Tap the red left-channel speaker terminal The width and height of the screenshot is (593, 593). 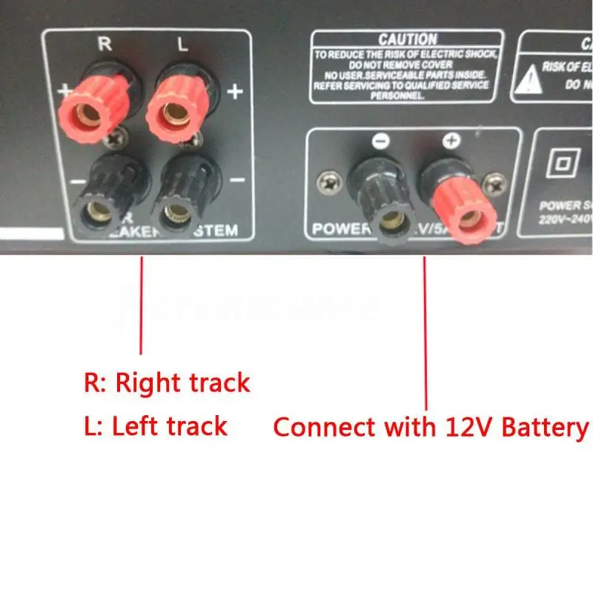[174, 111]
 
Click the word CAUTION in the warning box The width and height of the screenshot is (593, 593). [407, 39]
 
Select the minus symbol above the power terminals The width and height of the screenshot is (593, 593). [380, 141]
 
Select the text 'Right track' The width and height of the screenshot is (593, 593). [183, 384]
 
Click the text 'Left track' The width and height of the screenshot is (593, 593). [169, 426]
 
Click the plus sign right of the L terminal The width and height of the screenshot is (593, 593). [235, 91]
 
